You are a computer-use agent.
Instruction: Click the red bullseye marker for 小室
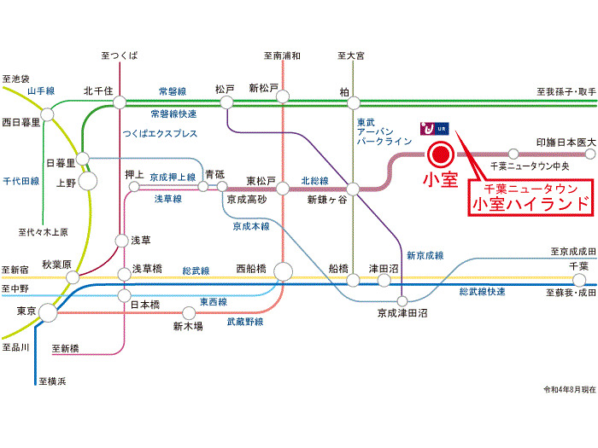(440, 155)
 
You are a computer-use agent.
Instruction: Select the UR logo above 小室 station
(434, 129)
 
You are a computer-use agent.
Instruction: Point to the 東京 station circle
(49, 313)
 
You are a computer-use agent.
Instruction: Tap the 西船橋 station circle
(284, 272)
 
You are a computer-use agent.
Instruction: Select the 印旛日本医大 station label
(565, 141)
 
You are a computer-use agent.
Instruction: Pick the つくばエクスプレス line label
(160, 134)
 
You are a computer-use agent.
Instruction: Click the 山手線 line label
(41, 90)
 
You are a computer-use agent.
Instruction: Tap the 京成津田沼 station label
(402, 314)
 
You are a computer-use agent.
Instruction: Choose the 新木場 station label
(187, 325)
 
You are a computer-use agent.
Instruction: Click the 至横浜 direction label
(51, 381)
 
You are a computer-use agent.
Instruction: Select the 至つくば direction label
(119, 56)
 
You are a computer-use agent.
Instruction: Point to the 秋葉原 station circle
(75, 276)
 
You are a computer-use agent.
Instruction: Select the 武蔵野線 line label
(245, 322)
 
